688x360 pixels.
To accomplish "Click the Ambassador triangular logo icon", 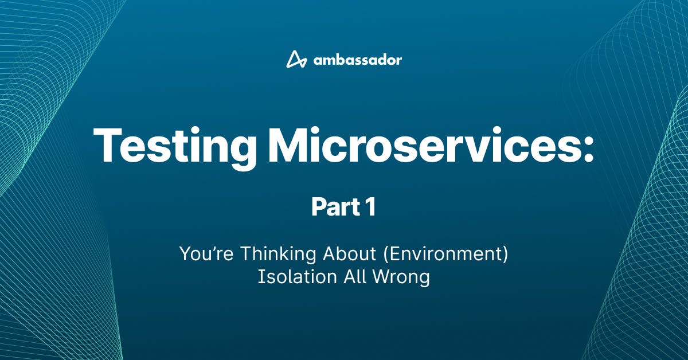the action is tap(296, 59).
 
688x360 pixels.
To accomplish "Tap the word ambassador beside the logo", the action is tap(358, 60).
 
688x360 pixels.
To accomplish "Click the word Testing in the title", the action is tap(174, 145).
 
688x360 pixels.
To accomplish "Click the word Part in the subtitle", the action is tap(336, 207).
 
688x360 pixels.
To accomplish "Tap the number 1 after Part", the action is tap(371, 207).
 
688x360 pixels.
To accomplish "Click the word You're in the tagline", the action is tap(206, 253).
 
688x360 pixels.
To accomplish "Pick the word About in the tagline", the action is tap(349, 253).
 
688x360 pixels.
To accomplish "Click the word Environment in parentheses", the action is tap(445, 254).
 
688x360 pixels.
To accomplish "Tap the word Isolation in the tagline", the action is tap(298, 277).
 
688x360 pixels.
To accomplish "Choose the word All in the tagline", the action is tap(355, 277).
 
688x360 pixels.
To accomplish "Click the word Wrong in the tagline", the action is tap(401, 278).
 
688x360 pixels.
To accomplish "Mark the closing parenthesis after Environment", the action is tap(505, 255).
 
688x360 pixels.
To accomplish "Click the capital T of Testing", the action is tap(107, 144).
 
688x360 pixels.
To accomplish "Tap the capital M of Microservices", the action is tap(288, 144).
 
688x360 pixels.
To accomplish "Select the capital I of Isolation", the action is tap(260, 277).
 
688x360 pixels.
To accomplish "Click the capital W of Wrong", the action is tap(383, 277).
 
